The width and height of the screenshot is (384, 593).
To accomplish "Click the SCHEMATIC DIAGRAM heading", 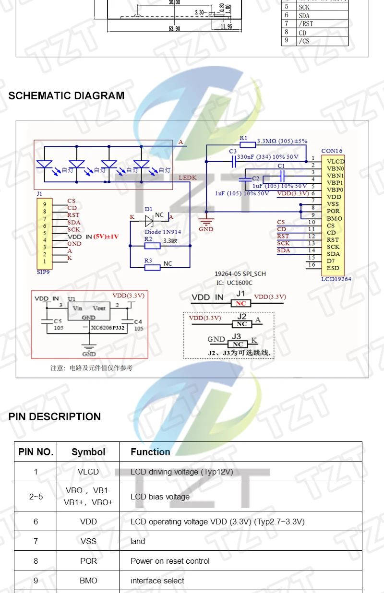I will coord(66,95).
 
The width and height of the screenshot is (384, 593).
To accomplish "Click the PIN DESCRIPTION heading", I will coord(55,416).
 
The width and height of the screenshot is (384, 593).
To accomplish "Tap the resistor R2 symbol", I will coord(152,246).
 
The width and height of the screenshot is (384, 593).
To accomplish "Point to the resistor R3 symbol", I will coord(152,267).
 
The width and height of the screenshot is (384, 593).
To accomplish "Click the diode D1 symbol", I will coord(149,218).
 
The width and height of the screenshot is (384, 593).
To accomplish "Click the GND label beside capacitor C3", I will coord(206,229).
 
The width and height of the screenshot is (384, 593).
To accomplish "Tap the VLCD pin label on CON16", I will coord(336,162).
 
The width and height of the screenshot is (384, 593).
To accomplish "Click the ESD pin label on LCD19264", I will coord(333,268).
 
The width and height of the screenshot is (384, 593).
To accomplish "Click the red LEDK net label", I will coord(188,178).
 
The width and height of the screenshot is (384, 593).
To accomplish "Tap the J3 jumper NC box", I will coord(238,344).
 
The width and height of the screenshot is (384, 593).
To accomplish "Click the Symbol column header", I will coord(88,452).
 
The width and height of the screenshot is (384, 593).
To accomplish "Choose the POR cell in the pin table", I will coord(88,561).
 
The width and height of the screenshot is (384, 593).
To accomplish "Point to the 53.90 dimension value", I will coord(174,29).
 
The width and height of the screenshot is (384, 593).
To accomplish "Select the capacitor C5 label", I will coord(57,320).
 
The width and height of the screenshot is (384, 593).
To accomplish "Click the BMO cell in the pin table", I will coord(88,581).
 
